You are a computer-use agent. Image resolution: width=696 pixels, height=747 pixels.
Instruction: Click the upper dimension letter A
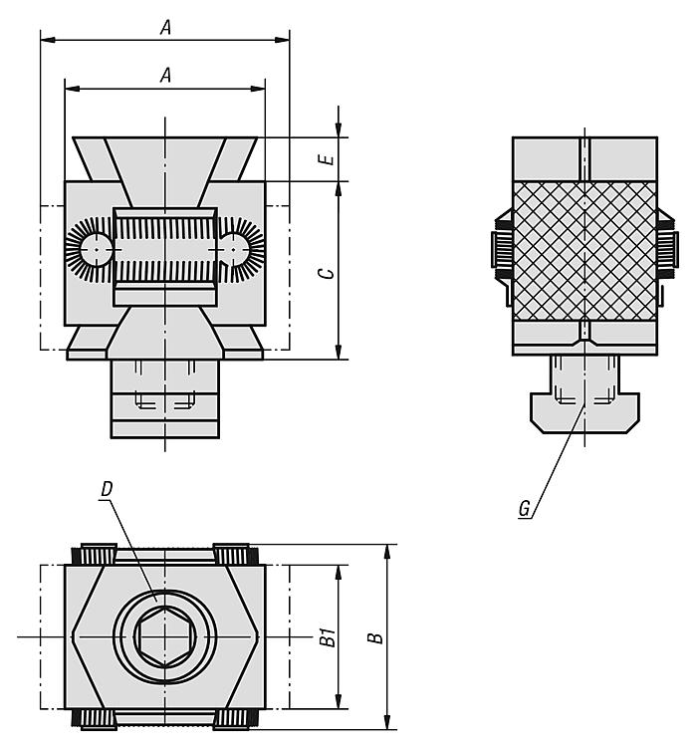(165, 28)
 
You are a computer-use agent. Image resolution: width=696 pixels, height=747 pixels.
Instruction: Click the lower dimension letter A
(165, 76)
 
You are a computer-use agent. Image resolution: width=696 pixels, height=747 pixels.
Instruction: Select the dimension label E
(328, 159)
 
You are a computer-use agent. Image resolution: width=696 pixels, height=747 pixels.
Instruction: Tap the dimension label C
(328, 273)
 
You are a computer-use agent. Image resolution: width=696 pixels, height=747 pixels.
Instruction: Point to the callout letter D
(107, 489)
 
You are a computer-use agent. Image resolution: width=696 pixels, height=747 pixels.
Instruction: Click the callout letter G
(524, 508)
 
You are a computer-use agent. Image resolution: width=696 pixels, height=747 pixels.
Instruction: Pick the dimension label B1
(328, 637)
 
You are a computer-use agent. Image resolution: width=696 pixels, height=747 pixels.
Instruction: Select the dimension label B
(376, 637)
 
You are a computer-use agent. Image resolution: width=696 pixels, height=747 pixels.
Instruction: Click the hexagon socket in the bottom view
(165, 637)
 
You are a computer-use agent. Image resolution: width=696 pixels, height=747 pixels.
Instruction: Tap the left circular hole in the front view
(97, 249)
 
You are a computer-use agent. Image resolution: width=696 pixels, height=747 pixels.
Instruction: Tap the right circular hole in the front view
(233, 249)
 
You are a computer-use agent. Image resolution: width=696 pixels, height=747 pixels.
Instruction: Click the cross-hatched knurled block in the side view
(585, 251)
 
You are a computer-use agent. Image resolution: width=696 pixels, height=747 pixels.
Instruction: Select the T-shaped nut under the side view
(585, 412)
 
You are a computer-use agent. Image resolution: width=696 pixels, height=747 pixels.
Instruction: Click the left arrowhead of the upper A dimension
(46, 40)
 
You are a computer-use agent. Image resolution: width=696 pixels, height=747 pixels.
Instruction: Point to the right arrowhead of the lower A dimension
(260, 89)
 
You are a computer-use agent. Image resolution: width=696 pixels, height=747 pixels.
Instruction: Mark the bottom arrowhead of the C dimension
(339, 353)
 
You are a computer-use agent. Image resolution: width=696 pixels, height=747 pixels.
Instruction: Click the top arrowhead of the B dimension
(387, 551)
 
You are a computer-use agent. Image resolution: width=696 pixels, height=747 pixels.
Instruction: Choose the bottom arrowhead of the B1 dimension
(339, 702)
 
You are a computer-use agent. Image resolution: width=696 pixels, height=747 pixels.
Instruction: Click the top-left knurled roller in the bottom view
(95, 554)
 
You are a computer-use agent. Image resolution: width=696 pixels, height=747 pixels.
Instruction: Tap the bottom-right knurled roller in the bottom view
(235, 719)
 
